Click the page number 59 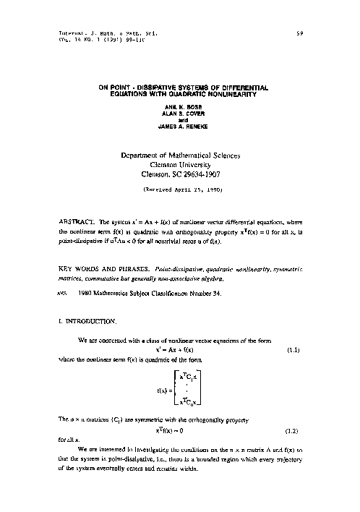299,33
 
